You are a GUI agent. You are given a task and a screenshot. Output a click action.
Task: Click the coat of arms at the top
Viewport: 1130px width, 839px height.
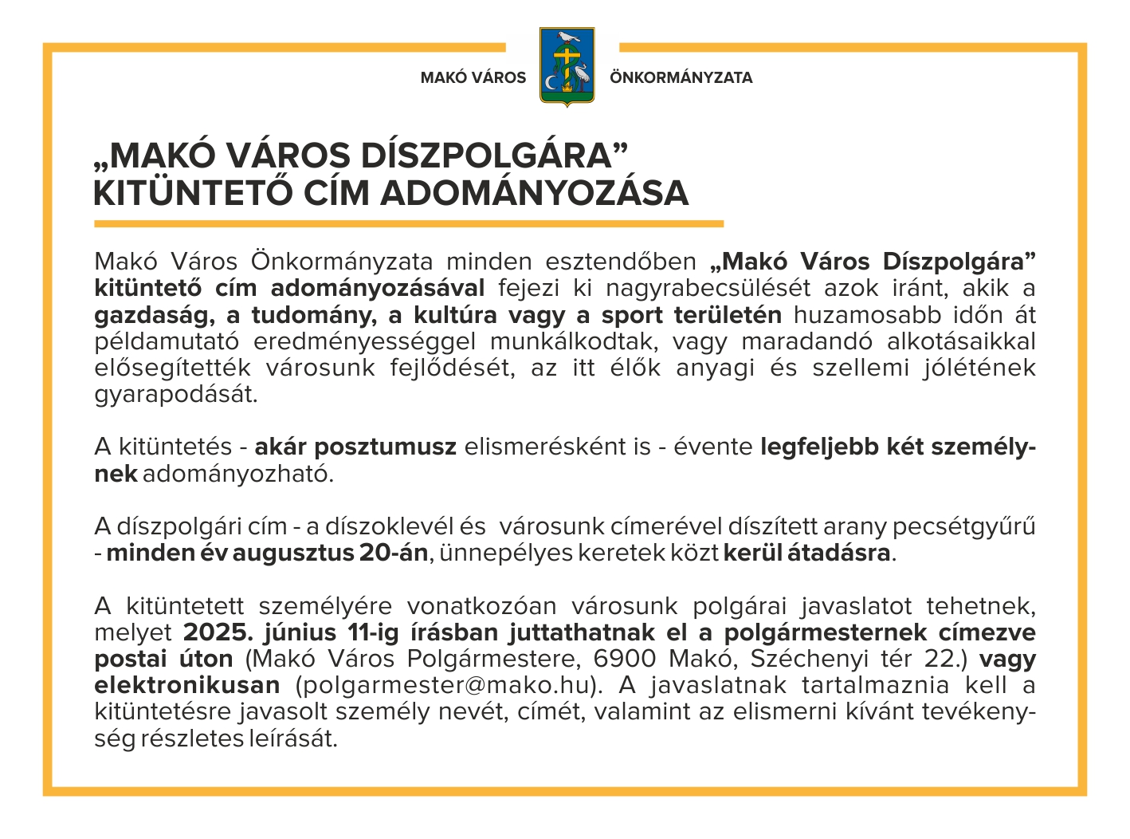(x=567, y=67)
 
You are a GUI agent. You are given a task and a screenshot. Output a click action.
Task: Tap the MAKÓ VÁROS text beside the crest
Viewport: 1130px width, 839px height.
(x=473, y=78)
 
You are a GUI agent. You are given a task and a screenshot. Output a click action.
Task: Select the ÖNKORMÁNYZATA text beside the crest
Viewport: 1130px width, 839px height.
(x=681, y=78)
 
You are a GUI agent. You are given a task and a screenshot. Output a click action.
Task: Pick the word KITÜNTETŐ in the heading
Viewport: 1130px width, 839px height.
(x=190, y=194)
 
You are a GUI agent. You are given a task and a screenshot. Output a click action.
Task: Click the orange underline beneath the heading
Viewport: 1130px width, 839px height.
(x=408, y=224)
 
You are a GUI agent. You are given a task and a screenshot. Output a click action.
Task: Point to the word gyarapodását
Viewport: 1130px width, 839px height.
(x=175, y=395)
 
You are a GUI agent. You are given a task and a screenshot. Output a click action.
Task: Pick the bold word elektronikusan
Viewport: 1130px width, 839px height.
(x=187, y=686)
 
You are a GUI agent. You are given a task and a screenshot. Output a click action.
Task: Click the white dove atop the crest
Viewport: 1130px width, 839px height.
(x=567, y=37)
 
